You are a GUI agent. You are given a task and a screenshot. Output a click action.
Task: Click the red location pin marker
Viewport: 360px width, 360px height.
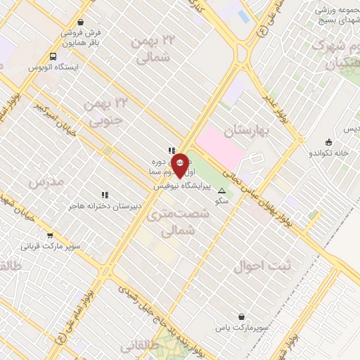pyautogui.click(x=179, y=165)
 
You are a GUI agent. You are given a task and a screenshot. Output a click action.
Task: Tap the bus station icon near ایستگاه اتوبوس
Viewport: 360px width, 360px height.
pyautogui.click(x=54, y=56)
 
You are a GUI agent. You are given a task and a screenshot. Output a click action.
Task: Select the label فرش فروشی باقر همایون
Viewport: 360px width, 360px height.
pyautogui.click(x=80, y=37)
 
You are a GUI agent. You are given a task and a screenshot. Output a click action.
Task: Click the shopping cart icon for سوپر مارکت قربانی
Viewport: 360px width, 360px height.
pyautogui.click(x=50, y=236)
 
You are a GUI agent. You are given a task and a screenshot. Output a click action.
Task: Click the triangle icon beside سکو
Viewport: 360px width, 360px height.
pyautogui.click(x=222, y=191)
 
